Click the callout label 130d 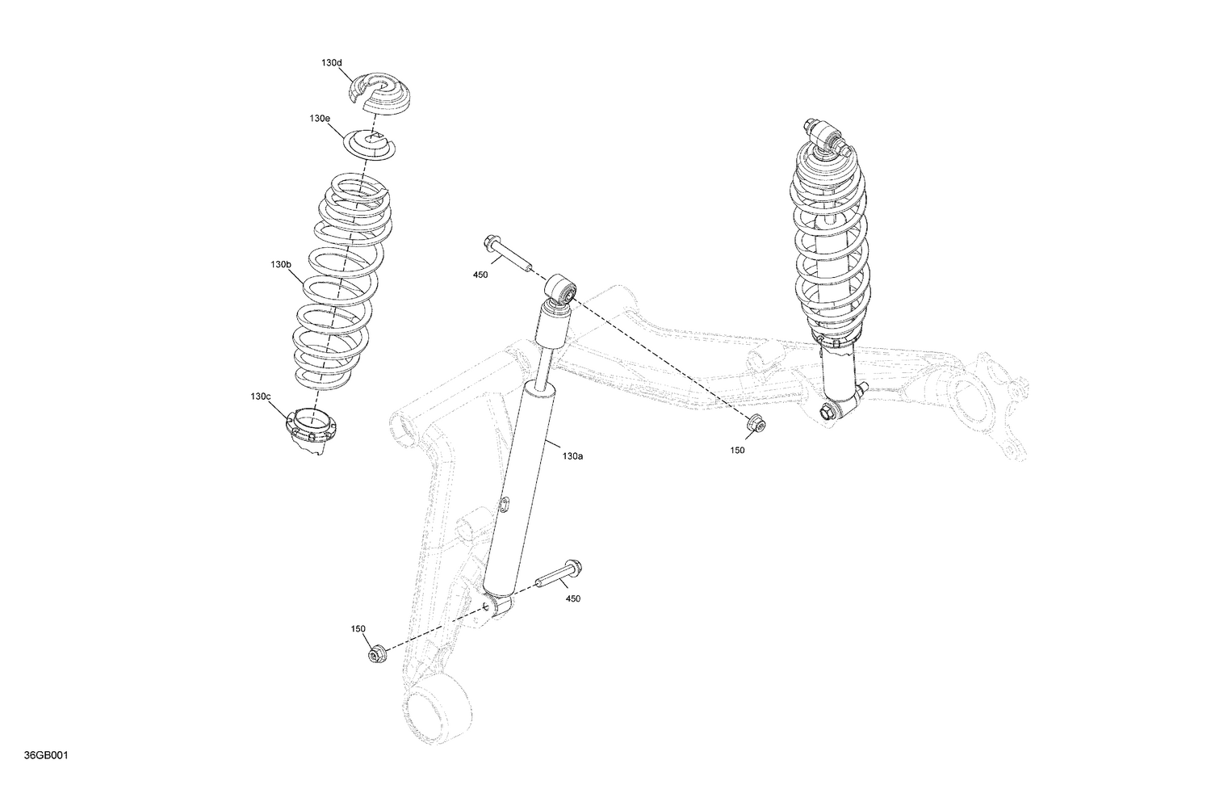(331, 62)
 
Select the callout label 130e (320, 118)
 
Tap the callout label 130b (281, 264)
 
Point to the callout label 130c (260, 396)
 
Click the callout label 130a (572, 456)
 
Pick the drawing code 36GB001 (46, 756)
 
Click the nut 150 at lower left (376, 653)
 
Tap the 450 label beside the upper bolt (480, 275)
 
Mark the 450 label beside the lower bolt (572, 598)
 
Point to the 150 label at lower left (358, 628)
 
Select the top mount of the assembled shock (821, 134)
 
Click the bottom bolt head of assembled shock (827, 412)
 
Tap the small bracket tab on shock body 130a (503, 506)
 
